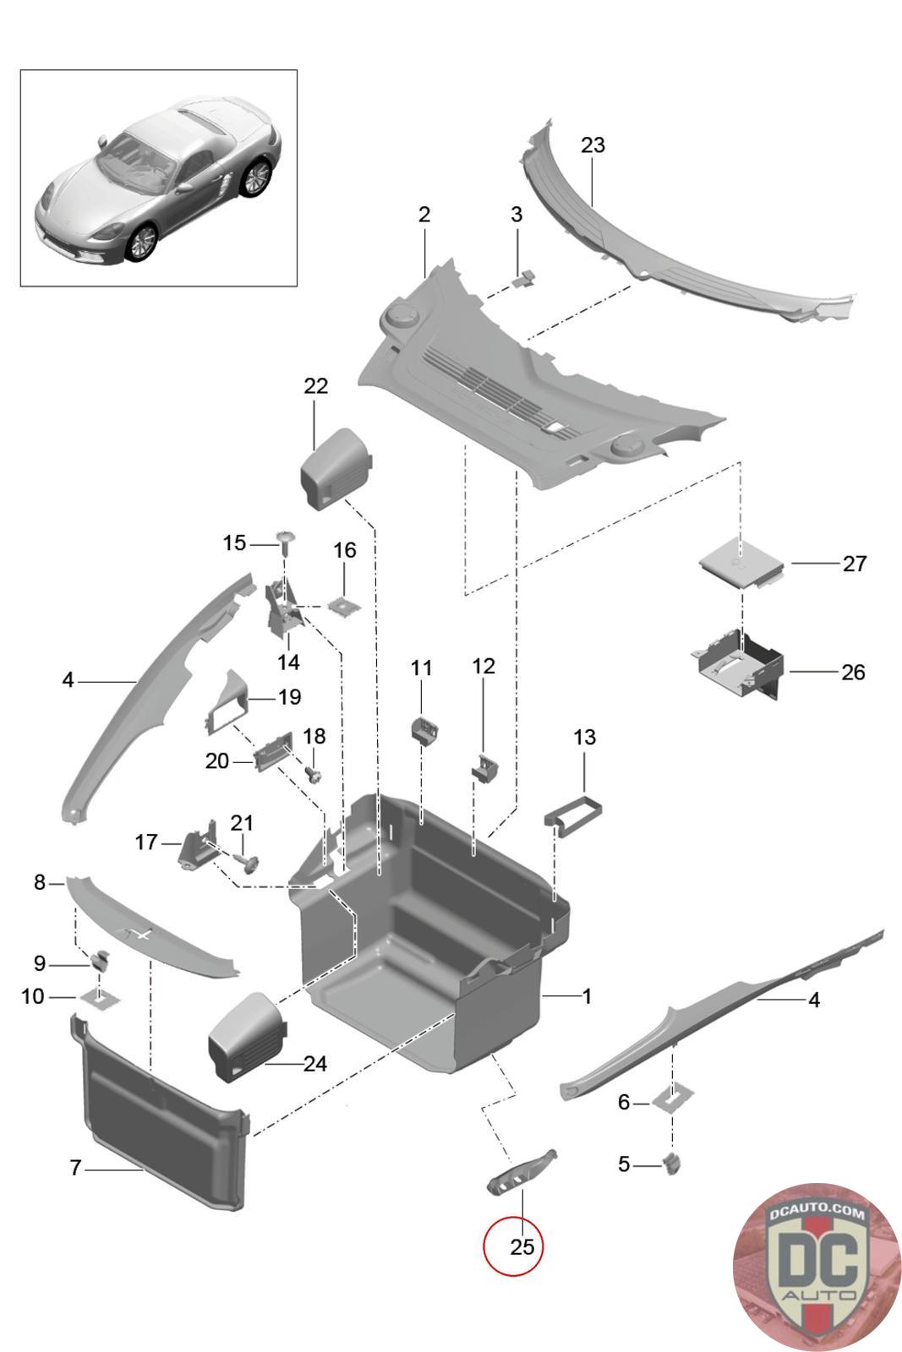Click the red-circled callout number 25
tap(522, 1246)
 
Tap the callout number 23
tap(593, 144)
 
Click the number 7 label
tap(75, 1167)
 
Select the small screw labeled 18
tap(314, 774)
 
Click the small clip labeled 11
tap(424, 731)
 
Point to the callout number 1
tap(586, 996)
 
